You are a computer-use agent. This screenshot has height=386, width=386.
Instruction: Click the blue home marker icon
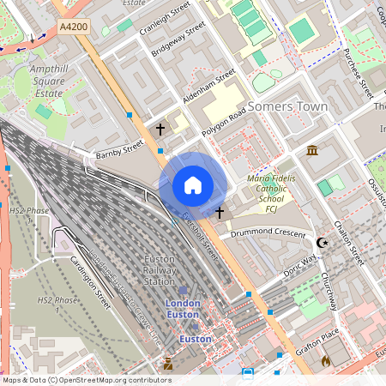(193, 185)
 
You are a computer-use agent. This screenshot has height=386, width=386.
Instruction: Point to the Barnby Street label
(120, 151)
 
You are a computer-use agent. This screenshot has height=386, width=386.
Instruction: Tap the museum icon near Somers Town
(312, 151)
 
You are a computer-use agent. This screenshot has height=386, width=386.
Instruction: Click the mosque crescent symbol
(323, 243)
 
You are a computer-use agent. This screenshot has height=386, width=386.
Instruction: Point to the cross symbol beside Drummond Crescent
(220, 212)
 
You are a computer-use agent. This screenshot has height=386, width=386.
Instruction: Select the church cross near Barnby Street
(160, 130)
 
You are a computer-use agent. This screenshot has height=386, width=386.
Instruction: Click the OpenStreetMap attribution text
(86, 380)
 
